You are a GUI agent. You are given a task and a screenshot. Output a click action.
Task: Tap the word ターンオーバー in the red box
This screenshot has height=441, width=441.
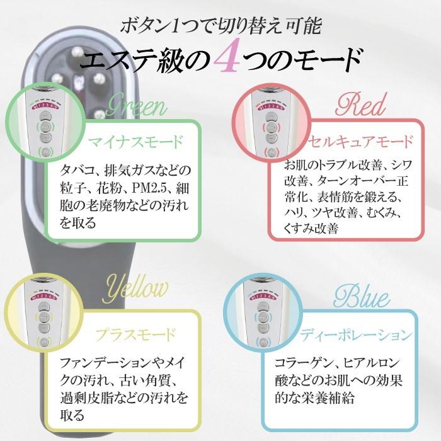[x=345, y=183]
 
